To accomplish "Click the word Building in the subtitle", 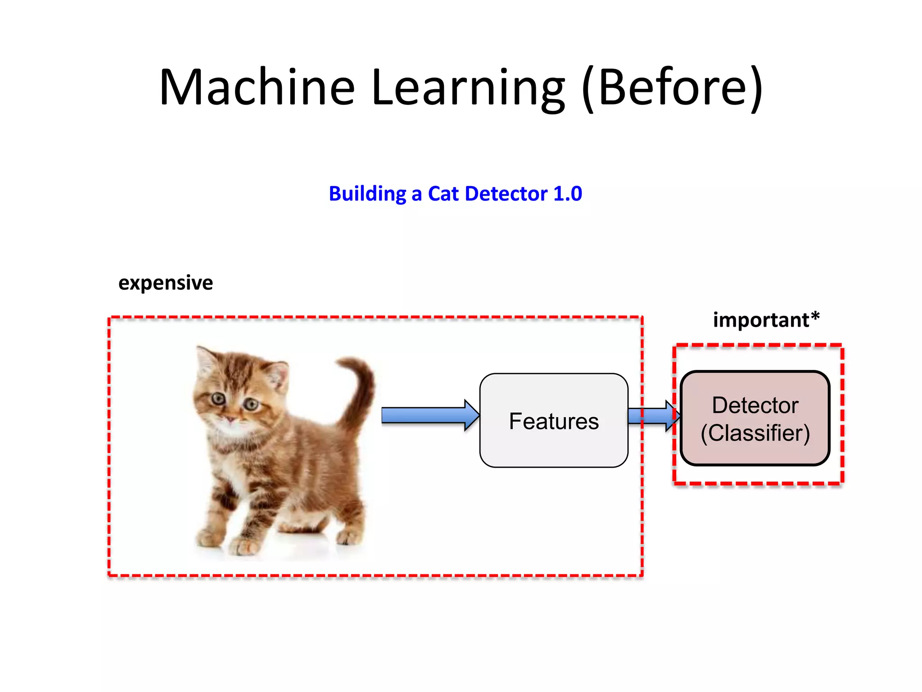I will pos(367,194).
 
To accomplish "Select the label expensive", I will pos(165,283).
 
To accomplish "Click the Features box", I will pos(554,420).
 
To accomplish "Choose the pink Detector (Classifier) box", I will pos(755,418).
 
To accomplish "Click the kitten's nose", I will pos(230,419).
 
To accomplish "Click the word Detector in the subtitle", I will pos(506,194).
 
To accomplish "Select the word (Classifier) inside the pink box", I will pos(755,433).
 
